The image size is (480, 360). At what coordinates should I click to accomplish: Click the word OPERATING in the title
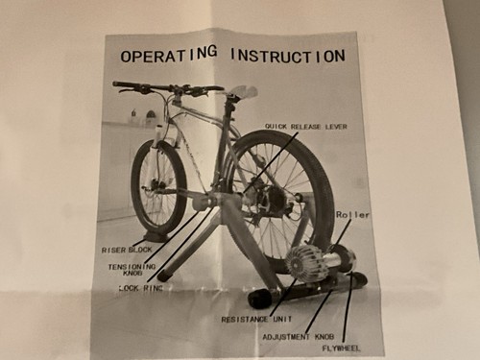click(x=169, y=55)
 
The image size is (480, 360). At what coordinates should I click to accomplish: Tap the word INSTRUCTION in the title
click(x=288, y=56)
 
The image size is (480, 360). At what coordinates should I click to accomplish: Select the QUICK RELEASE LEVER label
click(x=306, y=127)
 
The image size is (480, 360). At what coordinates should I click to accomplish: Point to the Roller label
click(x=352, y=215)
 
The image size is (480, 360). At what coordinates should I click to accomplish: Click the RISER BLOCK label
click(x=127, y=250)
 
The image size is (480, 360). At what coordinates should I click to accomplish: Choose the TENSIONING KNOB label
click(x=132, y=270)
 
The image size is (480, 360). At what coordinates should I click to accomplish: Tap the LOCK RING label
click(x=141, y=288)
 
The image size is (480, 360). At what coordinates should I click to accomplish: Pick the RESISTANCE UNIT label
click(x=256, y=319)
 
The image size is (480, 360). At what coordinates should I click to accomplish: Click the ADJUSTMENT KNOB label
click(x=299, y=337)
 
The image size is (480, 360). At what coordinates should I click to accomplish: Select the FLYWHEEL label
click(x=341, y=348)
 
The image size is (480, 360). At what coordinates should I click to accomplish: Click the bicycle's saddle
click(x=242, y=92)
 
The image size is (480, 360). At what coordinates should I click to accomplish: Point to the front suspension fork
click(x=157, y=154)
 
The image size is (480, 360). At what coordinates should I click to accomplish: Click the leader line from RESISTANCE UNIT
click(x=283, y=296)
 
